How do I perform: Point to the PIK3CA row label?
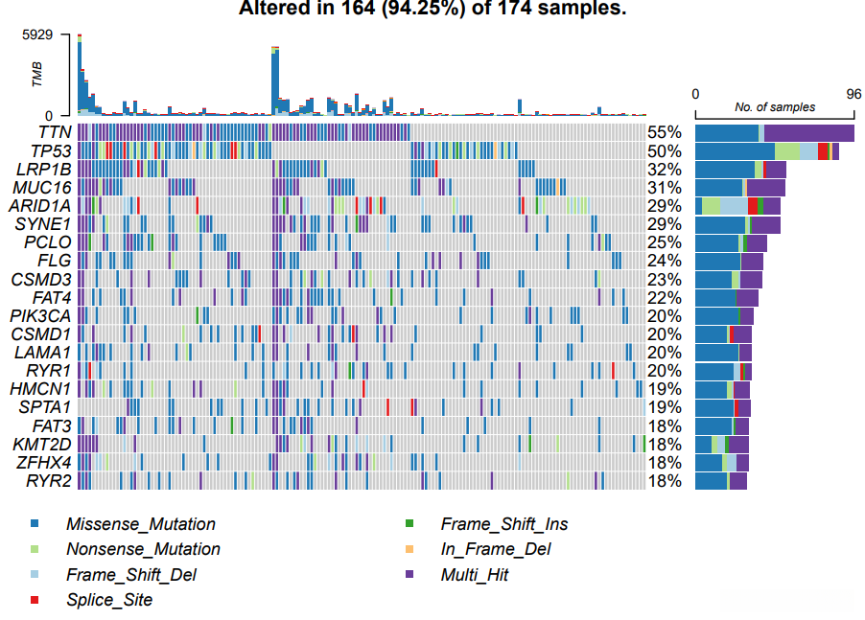(39, 315)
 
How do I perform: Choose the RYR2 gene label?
(49, 481)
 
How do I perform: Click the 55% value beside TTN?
(664, 132)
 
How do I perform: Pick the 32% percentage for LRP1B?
(664, 169)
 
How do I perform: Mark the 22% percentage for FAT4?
(664, 297)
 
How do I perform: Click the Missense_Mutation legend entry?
(140, 524)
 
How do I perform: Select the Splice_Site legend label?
(108, 601)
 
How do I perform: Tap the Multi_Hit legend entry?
(474, 575)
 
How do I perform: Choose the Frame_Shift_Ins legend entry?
(503, 524)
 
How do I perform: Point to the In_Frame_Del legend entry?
(495, 549)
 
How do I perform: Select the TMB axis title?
(37, 75)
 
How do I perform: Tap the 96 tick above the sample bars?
(853, 94)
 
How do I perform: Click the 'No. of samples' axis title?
(775, 107)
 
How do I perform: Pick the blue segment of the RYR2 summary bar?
(711, 481)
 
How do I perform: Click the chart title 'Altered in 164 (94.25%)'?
(432, 9)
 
